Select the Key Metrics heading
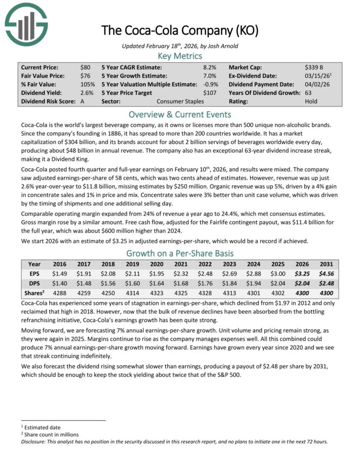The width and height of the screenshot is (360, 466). (180, 56)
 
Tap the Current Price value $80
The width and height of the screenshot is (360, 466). (85, 67)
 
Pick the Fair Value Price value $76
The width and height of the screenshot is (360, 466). (85, 76)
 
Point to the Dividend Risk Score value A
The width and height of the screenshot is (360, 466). (82, 101)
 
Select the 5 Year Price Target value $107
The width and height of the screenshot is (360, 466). (209, 93)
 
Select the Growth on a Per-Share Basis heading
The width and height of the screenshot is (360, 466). (180, 253)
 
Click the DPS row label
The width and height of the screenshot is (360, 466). (34, 283)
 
